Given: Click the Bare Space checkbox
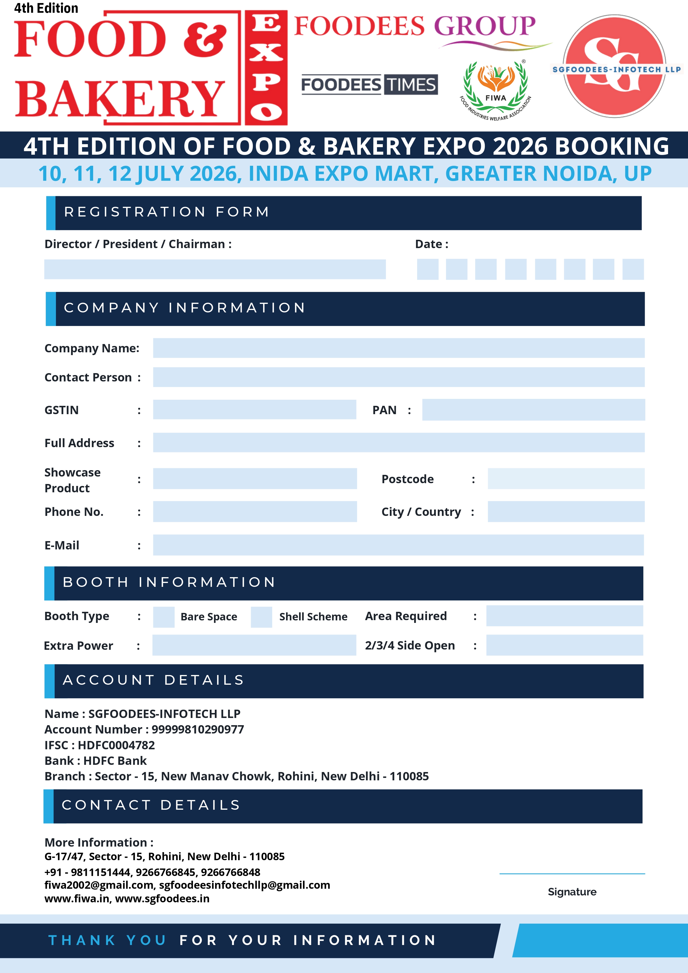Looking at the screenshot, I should (x=164, y=617).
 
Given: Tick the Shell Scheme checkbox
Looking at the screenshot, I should (x=261, y=617).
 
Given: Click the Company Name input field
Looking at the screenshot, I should (x=398, y=348).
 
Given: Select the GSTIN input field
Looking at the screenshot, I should (x=254, y=409).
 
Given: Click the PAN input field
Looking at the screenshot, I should (x=533, y=409).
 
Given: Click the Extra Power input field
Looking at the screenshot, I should (x=254, y=645).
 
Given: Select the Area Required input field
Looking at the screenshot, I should (x=564, y=616).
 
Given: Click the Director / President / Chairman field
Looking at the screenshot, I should (x=215, y=269).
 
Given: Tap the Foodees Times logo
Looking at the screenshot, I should (x=369, y=84).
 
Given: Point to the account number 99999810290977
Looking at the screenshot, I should (x=198, y=729).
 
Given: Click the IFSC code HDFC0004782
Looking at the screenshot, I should (x=116, y=745).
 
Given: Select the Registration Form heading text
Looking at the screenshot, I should (x=167, y=212).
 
